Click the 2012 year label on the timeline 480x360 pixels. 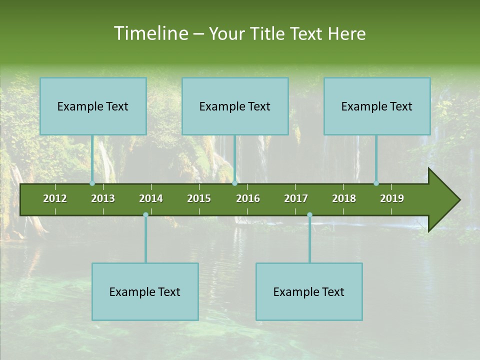pyautogui.click(x=55, y=198)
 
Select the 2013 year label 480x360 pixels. pyautogui.click(x=103, y=198)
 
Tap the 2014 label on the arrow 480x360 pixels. pyautogui.click(x=151, y=198)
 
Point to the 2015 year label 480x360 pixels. pyautogui.click(x=199, y=198)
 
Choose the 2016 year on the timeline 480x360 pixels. pyautogui.click(x=248, y=198)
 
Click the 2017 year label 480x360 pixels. pyautogui.click(x=296, y=198)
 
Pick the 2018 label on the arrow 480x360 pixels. pyautogui.click(x=344, y=198)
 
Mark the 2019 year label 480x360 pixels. pyautogui.click(x=392, y=198)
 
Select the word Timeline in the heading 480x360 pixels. pyautogui.click(x=150, y=33)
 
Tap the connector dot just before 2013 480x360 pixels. pyautogui.click(x=92, y=183)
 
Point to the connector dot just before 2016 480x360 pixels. pyautogui.click(x=234, y=183)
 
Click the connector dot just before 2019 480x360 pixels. pyautogui.click(x=376, y=183)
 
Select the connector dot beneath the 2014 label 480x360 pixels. pyautogui.click(x=145, y=214)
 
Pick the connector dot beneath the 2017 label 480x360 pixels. pyautogui.click(x=309, y=214)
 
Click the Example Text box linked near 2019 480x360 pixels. pyautogui.click(x=377, y=106)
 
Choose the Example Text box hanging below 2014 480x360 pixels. pyautogui.click(x=145, y=291)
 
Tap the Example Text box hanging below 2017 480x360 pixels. pyautogui.click(x=309, y=291)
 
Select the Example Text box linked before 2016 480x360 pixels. pyautogui.click(x=235, y=106)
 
